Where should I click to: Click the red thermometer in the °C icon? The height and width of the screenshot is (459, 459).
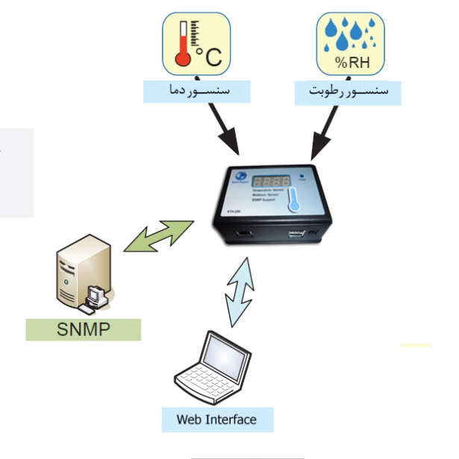(x=180, y=47)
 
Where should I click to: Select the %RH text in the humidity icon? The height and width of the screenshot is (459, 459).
(x=352, y=63)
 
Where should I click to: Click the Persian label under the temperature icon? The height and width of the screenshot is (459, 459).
(x=196, y=91)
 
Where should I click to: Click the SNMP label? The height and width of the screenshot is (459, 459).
(x=83, y=329)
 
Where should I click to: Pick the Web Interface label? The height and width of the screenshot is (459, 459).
(x=216, y=419)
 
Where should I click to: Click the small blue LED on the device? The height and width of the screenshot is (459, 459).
(x=302, y=177)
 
